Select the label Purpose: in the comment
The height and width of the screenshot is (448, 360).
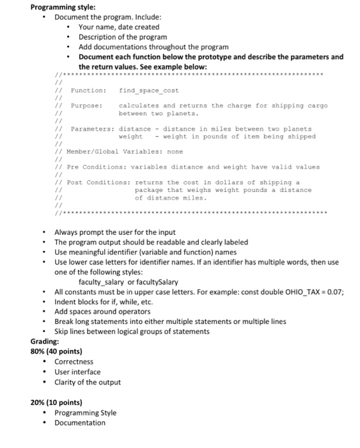(86, 106)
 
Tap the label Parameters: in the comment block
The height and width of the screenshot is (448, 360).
(92, 129)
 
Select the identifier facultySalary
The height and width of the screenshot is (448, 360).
(158, 282)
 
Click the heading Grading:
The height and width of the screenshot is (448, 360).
(45, 341)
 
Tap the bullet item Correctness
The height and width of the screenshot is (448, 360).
(74, 362)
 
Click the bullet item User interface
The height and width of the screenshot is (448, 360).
(77, 372)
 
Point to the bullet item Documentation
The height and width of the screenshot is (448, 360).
(80, 423)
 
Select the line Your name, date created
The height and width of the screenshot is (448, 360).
(119, 28)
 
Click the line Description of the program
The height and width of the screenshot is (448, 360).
(123, 37)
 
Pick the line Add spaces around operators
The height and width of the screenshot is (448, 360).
(104, 311)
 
